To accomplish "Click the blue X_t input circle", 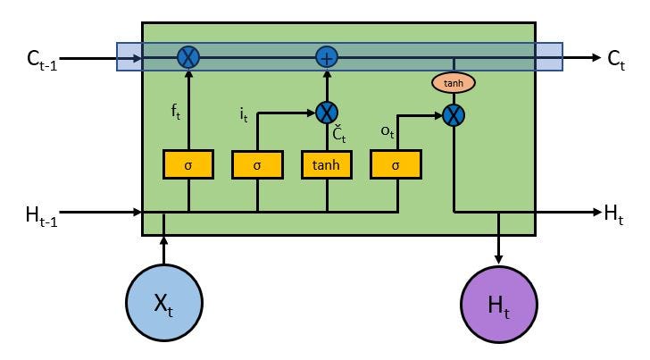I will [164, 303].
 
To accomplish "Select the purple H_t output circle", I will [498, 303].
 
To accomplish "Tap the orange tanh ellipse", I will [454, 83].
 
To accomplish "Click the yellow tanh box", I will [326, 164].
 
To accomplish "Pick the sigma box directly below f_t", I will [188, 164].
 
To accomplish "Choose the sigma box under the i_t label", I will [257, 164].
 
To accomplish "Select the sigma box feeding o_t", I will [396, 164].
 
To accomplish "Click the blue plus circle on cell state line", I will [327, 58].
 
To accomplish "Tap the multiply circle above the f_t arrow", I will [188, 58].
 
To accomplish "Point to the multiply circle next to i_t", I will [327, 113].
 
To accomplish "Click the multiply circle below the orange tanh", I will [454, 114].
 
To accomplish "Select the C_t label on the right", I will [617, 60].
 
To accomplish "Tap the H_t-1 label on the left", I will [40, 214].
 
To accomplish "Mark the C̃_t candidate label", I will [339, 135].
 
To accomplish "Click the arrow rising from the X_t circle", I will [164, 250].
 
